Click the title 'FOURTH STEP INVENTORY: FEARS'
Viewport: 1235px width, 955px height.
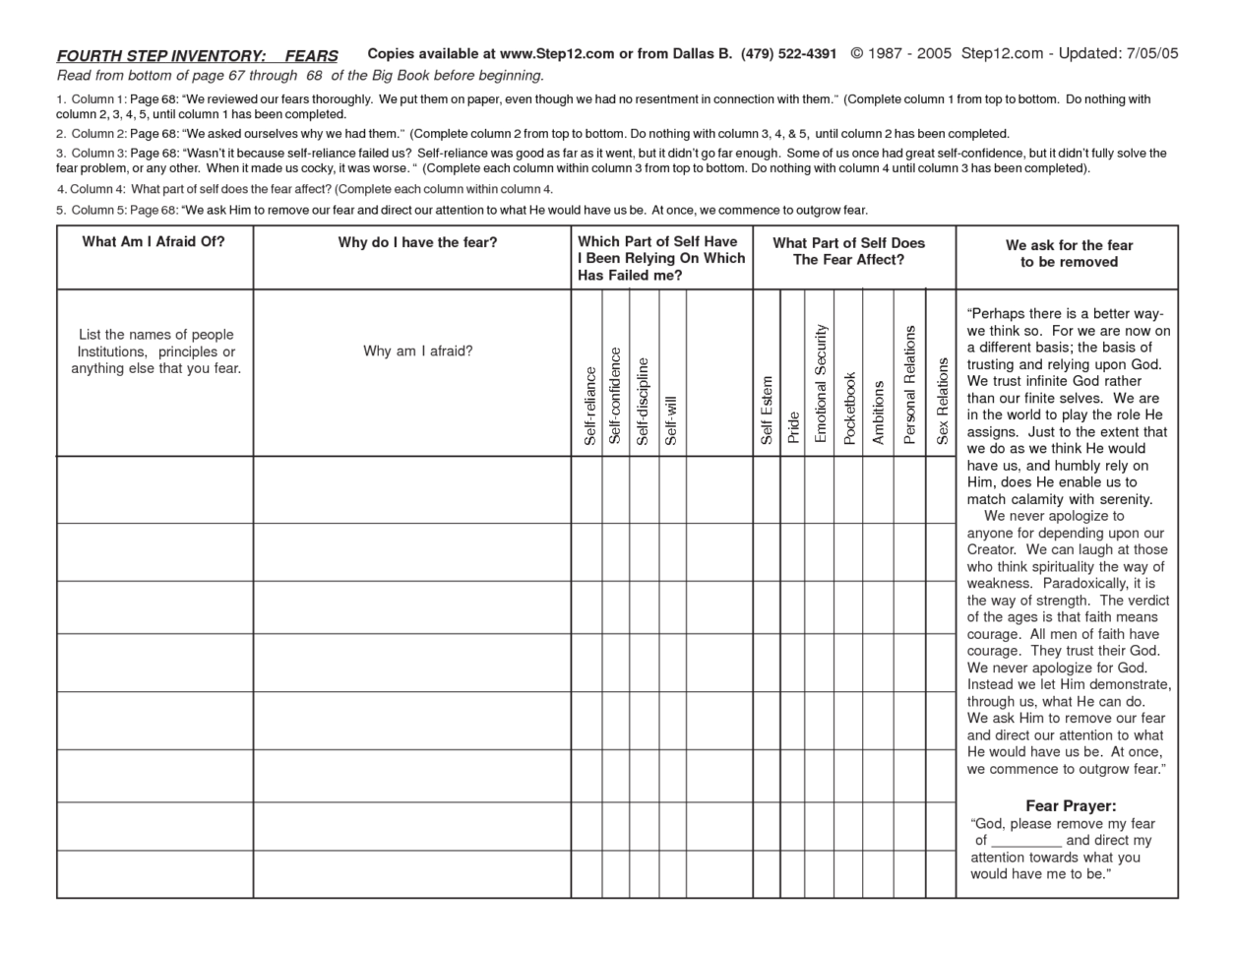click(x=197, y=56)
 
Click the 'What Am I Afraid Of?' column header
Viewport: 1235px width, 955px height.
click(x=154, y=242)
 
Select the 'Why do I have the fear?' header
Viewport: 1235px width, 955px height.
click(x=417, y=243)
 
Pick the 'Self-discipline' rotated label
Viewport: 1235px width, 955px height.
click(x=643, y=402)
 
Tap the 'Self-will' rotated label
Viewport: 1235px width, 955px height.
click(x=670, y=420)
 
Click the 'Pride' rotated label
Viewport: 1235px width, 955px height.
click(x=793, y=428)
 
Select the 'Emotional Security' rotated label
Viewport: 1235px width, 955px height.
click(x=821, y=384)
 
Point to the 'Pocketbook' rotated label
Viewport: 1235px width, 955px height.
click(x=850, y=408)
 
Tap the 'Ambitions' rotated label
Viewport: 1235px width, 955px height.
click(x=879, y=413)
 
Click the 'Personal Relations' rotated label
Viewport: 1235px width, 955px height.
click(x=910, y=385)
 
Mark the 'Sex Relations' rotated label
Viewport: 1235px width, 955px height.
click(x=942, y=401)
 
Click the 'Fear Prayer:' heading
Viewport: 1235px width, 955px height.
click(x=1071, y=806)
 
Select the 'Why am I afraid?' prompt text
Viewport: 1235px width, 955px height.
click(x=417, y=351)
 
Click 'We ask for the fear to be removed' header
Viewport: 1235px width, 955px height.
click(x=1069, y=254)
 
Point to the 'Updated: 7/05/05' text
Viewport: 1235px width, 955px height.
click(x=1118, y=54)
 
